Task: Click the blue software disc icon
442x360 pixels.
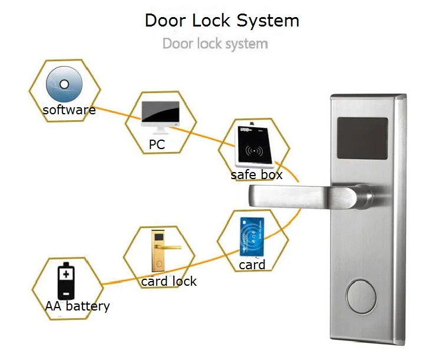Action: click(64, 84)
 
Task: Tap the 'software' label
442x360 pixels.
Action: click(69, 110)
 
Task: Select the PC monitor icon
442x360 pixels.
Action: click(160, 117)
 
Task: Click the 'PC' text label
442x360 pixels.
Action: click(157, 144)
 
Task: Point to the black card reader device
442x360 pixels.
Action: click(254, 146)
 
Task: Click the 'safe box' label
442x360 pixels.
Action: click(256, 175)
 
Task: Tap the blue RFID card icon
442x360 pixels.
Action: click(252, 237)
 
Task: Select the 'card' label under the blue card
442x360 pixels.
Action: click(252, 265)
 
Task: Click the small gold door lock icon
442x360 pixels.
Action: click(162, 251)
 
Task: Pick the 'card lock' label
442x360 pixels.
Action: click(169, 282)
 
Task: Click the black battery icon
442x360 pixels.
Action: click(66, 281)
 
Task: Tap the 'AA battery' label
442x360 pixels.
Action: click(77, 306)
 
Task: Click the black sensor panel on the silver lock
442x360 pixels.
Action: click(362, 138)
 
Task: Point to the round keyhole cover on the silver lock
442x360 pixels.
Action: click(361, 296)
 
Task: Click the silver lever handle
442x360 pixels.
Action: click(310, 196)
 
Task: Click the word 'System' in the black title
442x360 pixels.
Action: click(268, 21)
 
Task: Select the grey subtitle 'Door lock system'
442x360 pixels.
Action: click(215, 44)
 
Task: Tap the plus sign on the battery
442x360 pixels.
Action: click(66, 274)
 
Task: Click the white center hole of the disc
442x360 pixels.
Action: click(64, 84)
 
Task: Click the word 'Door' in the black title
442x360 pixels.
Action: click(166, 21)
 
